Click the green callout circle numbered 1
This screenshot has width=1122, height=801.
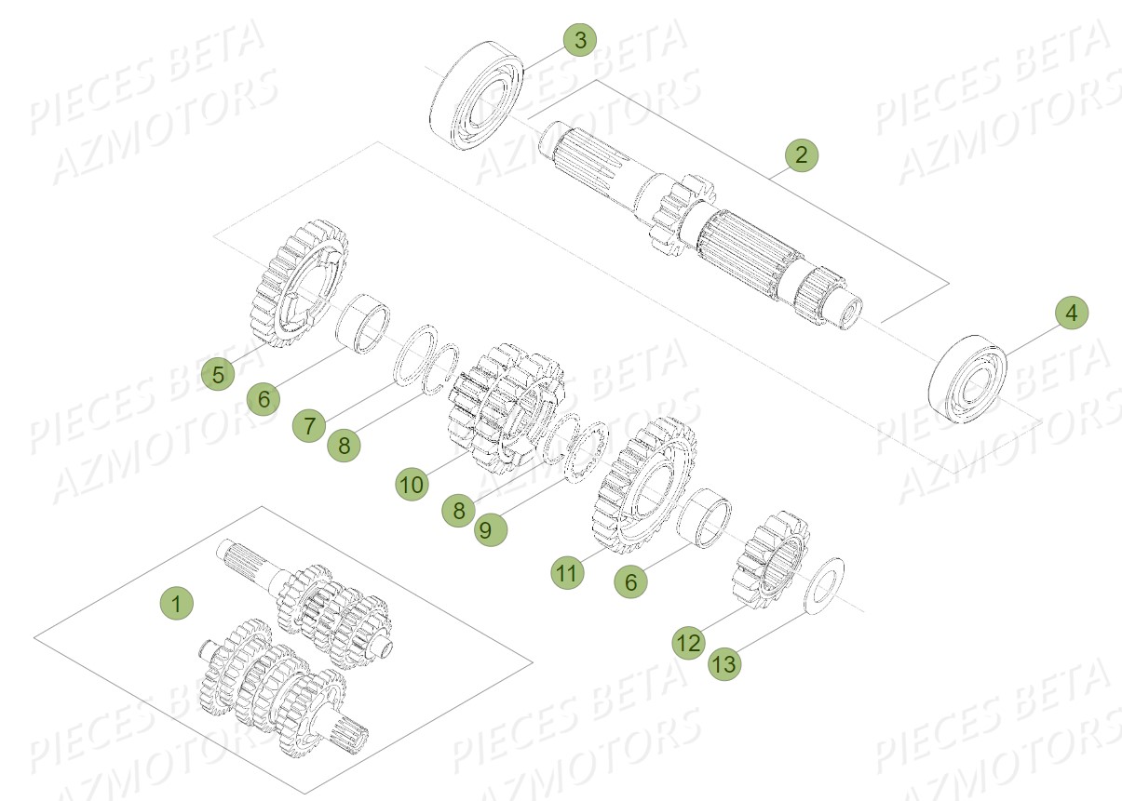175,603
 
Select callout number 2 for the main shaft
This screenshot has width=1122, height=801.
801,154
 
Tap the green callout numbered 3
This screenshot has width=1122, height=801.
580,40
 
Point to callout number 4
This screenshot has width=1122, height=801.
1071,314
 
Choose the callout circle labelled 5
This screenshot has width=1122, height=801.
218,375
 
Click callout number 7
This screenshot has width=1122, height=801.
308,426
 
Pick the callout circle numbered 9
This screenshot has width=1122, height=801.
489,529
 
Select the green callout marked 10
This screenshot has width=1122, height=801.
412,484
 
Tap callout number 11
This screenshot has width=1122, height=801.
567,573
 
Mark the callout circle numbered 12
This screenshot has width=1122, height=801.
689,643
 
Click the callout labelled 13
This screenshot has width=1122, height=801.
724,664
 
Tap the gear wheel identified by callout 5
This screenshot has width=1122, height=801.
299,283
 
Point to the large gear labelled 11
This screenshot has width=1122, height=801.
643,484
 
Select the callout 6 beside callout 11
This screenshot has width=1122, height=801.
630,581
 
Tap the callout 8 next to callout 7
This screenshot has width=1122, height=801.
344,445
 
